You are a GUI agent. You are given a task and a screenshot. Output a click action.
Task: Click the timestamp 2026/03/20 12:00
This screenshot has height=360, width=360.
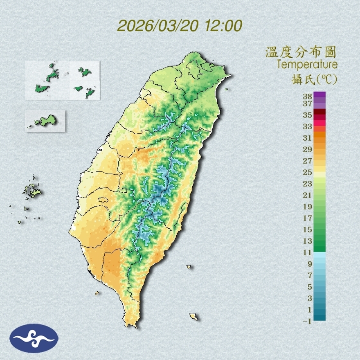point(180,26)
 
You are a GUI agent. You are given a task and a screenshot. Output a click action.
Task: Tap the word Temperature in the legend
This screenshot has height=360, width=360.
point(307,64)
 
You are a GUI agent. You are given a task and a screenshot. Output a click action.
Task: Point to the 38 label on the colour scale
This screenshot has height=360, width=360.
point(308,97)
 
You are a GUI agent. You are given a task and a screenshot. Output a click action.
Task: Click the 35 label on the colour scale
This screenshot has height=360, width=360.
point(308,115)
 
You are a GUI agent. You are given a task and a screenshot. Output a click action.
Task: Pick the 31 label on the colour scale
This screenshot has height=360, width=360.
point(308,138)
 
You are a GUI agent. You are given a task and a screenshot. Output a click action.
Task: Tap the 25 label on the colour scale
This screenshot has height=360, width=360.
point(308,172)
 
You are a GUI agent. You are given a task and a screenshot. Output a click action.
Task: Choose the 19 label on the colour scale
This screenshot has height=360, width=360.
point(308,207)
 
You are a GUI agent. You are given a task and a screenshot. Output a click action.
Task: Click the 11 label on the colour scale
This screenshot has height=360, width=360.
point(308,253)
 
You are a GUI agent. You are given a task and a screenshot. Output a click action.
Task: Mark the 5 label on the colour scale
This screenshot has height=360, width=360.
point(310,287)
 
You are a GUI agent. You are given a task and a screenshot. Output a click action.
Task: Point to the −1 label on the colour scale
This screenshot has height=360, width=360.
point(308,322)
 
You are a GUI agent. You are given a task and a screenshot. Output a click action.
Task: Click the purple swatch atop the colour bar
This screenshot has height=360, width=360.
point(319,95)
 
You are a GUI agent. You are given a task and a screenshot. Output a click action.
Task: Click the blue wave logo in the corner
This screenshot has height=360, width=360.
point(34,338)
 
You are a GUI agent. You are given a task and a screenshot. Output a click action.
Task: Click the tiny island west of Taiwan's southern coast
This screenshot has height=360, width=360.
point(97,292)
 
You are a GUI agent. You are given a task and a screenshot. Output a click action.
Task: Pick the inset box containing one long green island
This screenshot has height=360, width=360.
point(45,121)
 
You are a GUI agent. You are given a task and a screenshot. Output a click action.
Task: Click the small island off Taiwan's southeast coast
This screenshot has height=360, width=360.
point(189,267)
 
